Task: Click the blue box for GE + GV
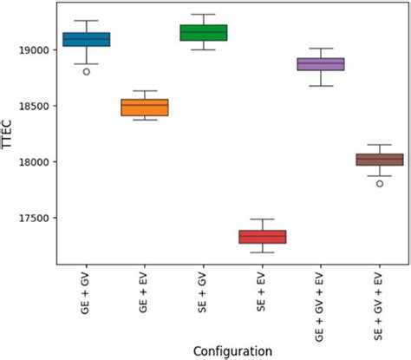click(x=86, y=39)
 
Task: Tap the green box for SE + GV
click(x=203, y=33)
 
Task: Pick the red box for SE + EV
click(x=262, y=237)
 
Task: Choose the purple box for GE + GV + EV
click(x=321, y=64)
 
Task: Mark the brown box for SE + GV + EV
click(x=379, y=160)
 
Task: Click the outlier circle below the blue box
click(x=86, y=72)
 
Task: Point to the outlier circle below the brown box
click(x=379, y=184)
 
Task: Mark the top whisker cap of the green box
click(x=203, y=14)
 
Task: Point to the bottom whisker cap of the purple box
click(x=321, y=86)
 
